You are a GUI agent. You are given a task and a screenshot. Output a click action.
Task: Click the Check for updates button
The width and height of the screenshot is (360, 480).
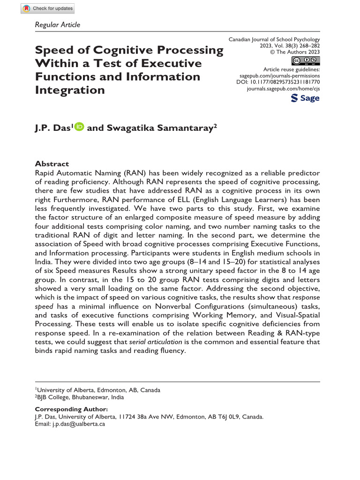pos(48,9)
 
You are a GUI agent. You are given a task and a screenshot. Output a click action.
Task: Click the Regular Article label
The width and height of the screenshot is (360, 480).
pos(58,24)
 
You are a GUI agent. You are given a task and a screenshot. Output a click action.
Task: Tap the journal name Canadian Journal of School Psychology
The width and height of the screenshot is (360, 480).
pos(274,40)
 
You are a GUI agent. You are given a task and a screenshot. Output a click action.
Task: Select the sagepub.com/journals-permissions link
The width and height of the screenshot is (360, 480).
pos(280,75)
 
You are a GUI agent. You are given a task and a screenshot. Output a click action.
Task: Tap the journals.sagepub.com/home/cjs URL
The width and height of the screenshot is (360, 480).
pos(283,88)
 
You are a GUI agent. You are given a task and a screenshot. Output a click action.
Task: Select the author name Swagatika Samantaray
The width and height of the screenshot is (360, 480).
pos(158,127)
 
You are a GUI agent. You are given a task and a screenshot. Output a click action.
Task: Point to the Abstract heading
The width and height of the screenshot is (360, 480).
pos(52,164)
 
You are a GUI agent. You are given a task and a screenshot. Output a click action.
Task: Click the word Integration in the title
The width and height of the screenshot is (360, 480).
pos(70,90)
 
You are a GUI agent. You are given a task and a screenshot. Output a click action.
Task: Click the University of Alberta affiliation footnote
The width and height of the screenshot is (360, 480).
pos(98,390)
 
